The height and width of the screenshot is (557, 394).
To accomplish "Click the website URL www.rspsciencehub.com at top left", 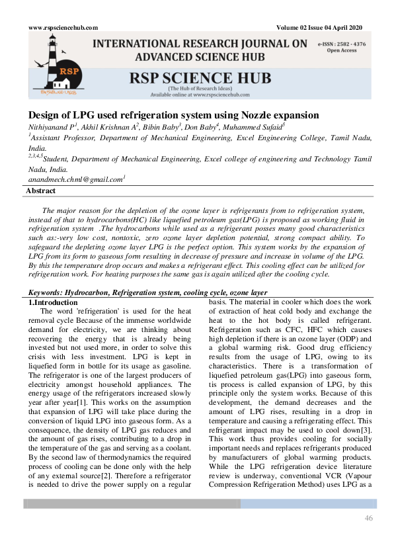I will pyautogui.click(x=63, y=28).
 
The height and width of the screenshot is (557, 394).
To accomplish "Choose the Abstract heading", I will pyautogui.click(x=40, y=191).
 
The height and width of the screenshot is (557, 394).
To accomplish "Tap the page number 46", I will pyautogui.click(x=369, y=517).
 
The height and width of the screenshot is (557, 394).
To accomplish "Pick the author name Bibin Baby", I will pyautogui.click(x=159, y=126).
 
